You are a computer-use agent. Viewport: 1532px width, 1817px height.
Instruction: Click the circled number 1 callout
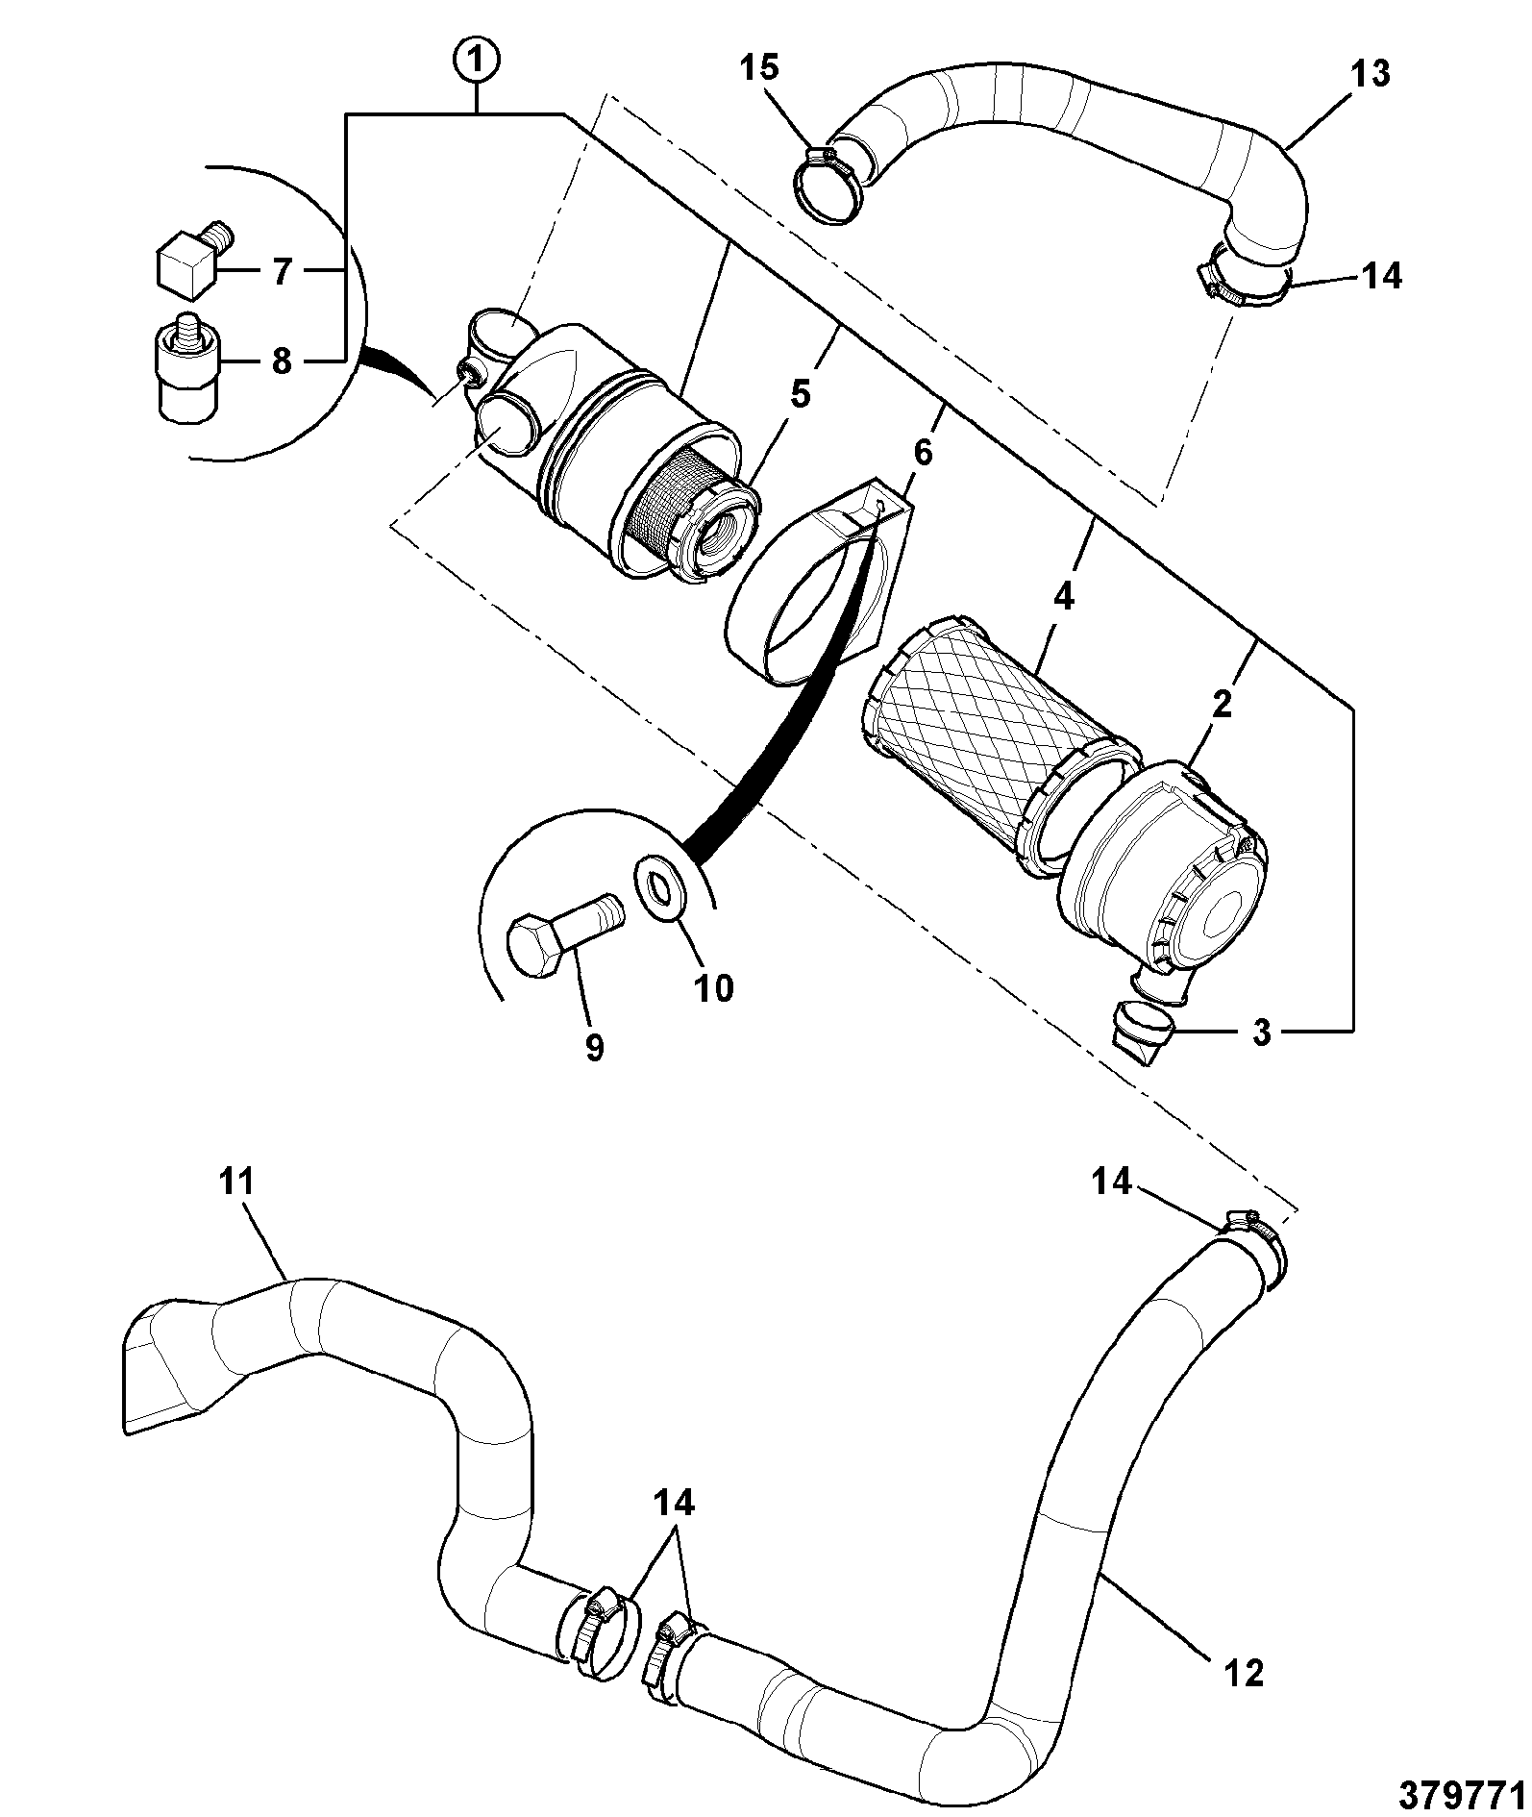(x=478, y=61)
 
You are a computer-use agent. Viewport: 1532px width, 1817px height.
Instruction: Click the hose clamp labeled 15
(x=829, y=185)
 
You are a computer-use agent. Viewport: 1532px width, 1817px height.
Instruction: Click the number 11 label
(x=236, y=1180)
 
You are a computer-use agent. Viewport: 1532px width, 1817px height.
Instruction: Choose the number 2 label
(x=1222, y=705)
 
